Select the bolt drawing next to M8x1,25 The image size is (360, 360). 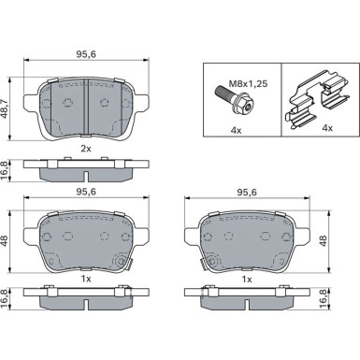[x=229, y=94]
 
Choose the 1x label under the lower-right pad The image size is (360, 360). [x=248, y=279]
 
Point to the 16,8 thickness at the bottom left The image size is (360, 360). [x=8, y=297]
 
